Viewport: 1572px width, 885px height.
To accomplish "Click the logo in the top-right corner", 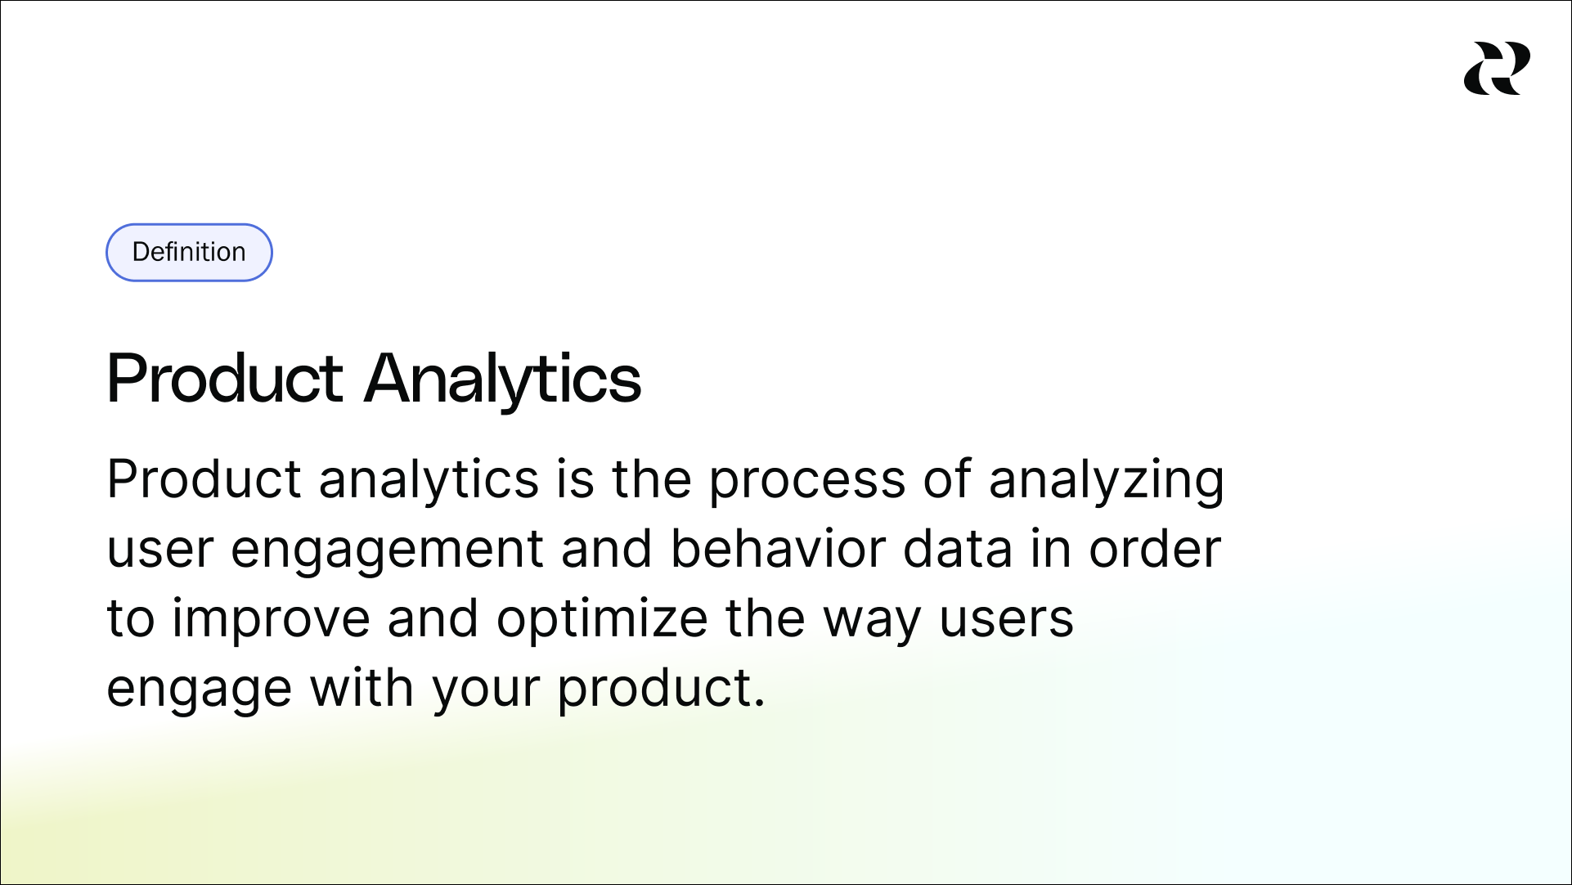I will point(1497,69).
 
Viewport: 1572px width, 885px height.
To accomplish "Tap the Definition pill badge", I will point(189,252).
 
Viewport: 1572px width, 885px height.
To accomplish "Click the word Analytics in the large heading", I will point(502,379).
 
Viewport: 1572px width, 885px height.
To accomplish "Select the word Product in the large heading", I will point(225,379).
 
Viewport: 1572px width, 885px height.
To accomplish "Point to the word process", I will point(806,479).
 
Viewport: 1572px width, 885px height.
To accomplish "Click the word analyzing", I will point(1106,479).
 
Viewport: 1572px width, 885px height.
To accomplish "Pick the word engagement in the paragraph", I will point(387,550).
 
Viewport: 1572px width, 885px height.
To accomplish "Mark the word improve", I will point(271,619).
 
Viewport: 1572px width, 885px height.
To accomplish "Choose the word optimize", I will point(602,619).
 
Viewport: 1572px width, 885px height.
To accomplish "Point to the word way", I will point(872,619).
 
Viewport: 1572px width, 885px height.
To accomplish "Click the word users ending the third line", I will point(1005,619).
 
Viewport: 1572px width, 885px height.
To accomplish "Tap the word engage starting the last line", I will point(199,690).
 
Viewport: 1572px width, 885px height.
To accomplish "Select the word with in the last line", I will point(362,688).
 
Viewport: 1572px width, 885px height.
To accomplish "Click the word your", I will point(486,690).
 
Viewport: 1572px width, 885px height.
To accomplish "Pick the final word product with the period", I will point(661,690).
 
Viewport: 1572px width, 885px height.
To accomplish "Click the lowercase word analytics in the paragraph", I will point(429,479).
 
